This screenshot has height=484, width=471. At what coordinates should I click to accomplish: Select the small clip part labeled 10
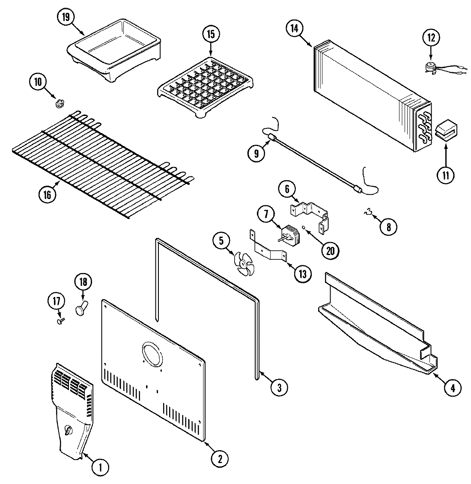pyautogui.click(x=60, y=103)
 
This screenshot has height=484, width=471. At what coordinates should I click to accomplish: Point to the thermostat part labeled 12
pyautogui.click(x=431, y=66)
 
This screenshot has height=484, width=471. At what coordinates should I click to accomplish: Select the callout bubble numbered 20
pyautogui.click(x=330, y=250)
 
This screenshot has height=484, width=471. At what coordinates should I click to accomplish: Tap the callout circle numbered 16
pyautogui.click(x=47, y=195)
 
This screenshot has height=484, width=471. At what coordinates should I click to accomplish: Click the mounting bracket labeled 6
pyautogui.click(x=310, y=213)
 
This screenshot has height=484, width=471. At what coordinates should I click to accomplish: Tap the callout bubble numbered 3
pyautogui.click(x=279, y=388)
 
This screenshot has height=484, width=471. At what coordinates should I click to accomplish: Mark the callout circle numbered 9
pyautogui.click(x=256, y=154)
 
